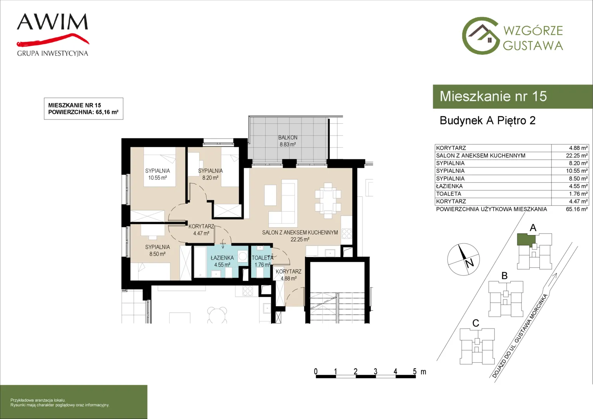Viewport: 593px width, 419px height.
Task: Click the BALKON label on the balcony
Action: pyautogui.click(x=288, y=138)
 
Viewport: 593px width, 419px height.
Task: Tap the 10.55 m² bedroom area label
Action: pyautogui.click(x=157, y=178)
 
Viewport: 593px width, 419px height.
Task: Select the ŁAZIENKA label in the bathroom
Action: pyautogui.click(x=222, y=258)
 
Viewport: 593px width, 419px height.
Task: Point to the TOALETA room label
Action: pyautogui.click(x=262, y=258)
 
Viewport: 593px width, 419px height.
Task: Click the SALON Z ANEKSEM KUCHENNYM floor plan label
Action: pyautogui.click(x=300, y=232)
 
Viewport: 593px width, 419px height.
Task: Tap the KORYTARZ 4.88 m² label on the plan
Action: pyautogui.click(x=289, y=275)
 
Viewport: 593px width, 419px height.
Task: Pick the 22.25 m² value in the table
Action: pyautogui.click(x=577, y=156)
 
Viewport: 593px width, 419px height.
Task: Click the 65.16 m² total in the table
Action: pyautogui.click(x=577, y=209)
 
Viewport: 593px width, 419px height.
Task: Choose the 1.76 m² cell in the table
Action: pyautogui.click(x=578, y=194)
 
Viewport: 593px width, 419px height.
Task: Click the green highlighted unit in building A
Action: pyautogui.click(x=526, y=239)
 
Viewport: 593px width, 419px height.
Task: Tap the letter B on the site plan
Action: pyautogui.click(x=505, y=276)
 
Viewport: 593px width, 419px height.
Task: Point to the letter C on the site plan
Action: pyautogui.click(x=476, y=323)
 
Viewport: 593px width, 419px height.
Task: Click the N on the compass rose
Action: pyautogui.click(x=469, y=263)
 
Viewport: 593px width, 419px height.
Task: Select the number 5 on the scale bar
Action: pyautogui.click(x=414, y=371)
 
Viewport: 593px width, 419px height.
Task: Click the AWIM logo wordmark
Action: pyautogui.click(x=52, y=22)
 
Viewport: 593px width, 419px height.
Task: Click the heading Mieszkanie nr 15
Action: pyautogui.click(x=493, y=96)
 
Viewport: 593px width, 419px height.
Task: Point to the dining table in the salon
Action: pyautogui.click(x=328, y=201)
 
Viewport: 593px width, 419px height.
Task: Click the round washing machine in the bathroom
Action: pyautogui.click(x=243, y=256)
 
